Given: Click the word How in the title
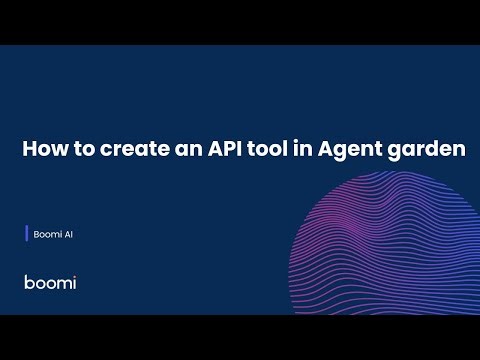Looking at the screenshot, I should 41,151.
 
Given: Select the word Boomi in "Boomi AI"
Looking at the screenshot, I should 44,235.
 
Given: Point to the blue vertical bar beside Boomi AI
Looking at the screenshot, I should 26,235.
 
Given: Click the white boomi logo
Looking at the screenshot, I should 50,282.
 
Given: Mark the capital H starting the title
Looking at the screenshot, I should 29,151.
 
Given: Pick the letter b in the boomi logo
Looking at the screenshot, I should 29,282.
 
